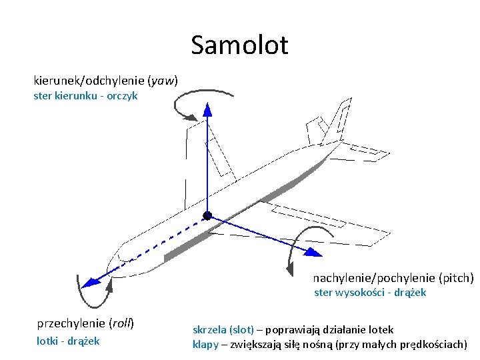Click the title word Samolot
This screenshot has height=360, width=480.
point(239,45)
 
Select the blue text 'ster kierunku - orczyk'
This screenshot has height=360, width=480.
point(85,96)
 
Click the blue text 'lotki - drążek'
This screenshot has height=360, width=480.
point(67,341)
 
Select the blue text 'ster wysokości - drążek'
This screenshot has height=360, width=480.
point(370,293)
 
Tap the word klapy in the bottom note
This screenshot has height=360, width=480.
point(205,345)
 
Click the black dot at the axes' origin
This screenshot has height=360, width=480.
point(207,215)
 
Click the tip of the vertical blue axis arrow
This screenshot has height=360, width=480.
point(207,106)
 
